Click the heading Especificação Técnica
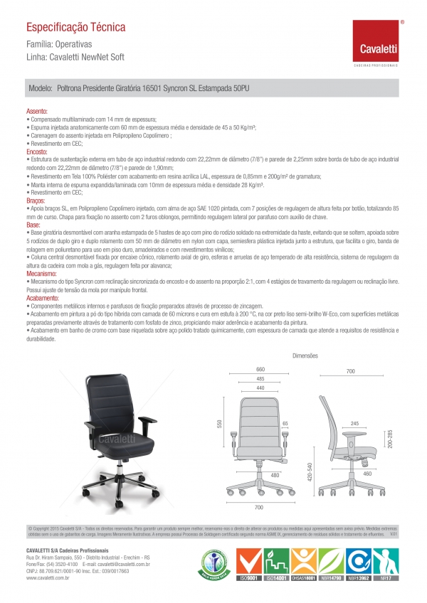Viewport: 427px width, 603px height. [76, 27]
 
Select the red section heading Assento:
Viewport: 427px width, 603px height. [37, 112]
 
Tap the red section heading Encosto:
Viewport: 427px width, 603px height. [37, 152]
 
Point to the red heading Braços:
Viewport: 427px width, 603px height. [36, 201]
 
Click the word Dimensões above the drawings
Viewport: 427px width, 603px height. [305, 354]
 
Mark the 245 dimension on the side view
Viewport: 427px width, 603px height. [355, 423]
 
